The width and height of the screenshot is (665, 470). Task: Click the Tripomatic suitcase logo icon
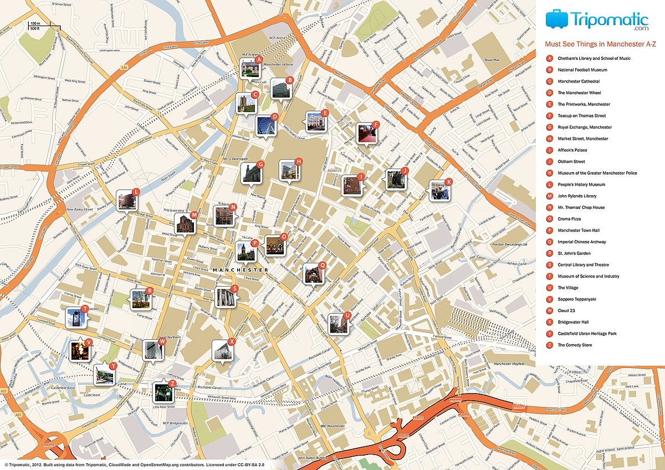tap(557, 19)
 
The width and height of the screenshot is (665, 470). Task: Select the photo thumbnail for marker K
tap(440, 191)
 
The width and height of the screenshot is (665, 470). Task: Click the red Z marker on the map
tap(172, 384)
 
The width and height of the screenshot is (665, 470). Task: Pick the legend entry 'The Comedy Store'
tap(575, 345)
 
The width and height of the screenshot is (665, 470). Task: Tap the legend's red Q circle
tap(549, 242)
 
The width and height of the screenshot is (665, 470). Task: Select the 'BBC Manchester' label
tap(332, 426)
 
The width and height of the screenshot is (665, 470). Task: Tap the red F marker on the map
tap(376, 125)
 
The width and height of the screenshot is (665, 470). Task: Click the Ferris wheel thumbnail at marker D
tap(265, 126)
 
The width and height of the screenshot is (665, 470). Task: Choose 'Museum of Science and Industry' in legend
tap(588, 276)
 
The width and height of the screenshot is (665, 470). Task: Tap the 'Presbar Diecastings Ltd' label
tap(509, 243)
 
